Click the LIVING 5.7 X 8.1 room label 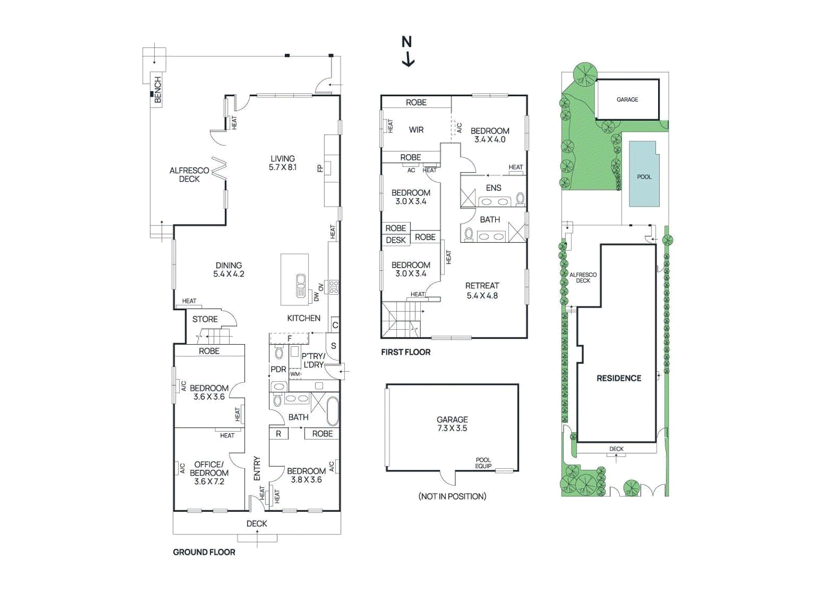pyautogui.click(x=283, y=163)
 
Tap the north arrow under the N pyautogui.click(x=408, y=60)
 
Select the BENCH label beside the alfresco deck pyautogui.click(x=157, y=90)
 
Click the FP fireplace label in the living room pyautogui.click(x=320, y=169)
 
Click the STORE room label pyautogui.click(x=205, y=319)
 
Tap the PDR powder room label pyautogui.click(x=278, y=369)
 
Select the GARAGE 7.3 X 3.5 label pyautogui.click(x=452, y=424)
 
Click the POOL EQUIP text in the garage pyautogui.click(x=483, y=463)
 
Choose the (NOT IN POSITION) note pyautogui.click(x=452, y=496)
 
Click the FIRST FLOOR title pyautogui.click(x=405, y=352)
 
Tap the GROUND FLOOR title pyautogui.click(x=204, y=552)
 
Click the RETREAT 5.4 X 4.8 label pyautogui.click(x=482, y=290)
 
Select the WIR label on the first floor pyautogui.click(x=416, y=130)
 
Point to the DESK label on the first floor pyautogui.click(x=396, y=240)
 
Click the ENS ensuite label pyautogui.click(x=493, y=188)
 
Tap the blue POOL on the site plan pyautogui.click(x=644, y=176)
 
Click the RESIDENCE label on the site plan pyautogui.click(x=619, y=378)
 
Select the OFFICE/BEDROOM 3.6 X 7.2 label pyautogui.click(x=209, y=472)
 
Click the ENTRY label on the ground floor pyautogui.click(x=257, y=468)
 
